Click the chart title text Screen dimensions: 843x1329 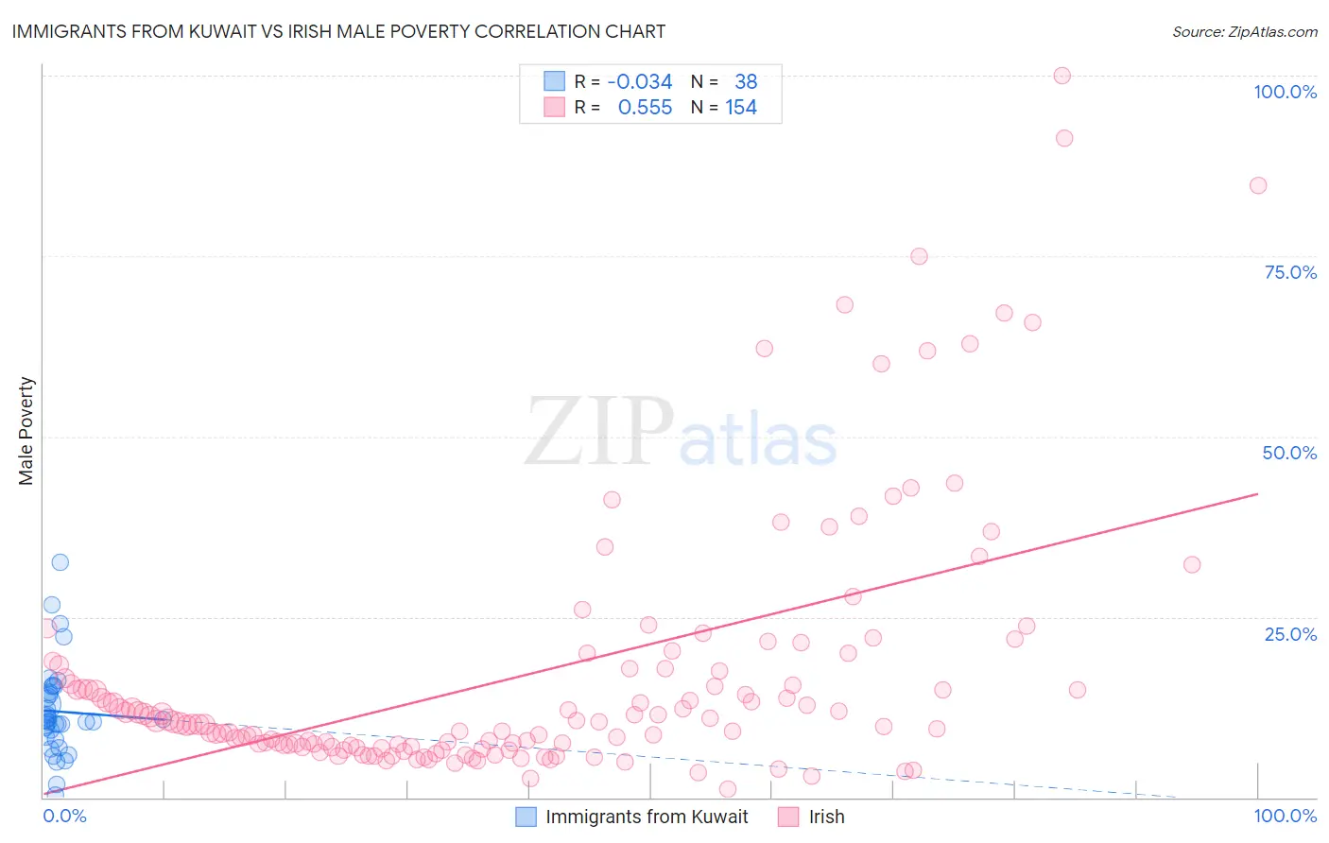click(x=338, y=31)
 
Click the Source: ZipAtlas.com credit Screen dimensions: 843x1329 click(x=1244, y=31)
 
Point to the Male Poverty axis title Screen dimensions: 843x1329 click(x=26, y=431)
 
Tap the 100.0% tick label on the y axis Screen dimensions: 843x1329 click(x=1285, y=92)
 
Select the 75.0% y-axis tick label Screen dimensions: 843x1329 click(x=1290, y=272)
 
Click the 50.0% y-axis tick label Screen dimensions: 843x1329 click(x=1289, y=453)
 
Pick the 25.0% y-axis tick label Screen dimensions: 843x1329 click(x=1290, y=634)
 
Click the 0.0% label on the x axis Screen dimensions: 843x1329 click(x=64, y=816)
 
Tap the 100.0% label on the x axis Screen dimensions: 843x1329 click(x=1285, y=816)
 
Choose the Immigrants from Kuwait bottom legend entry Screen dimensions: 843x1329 click(x=647, y=817)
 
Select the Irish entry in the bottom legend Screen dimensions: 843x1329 click(x=826, y=817)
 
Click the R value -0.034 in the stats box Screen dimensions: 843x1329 click(x=639, y=81)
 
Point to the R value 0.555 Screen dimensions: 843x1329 click(x=645, y=108)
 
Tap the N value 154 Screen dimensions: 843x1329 click(x=741, y=108)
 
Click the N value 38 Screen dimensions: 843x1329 click(x=746, y=81)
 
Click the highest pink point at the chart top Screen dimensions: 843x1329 click(x=1061, y=76)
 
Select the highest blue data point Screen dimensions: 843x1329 click(x=60, y=562)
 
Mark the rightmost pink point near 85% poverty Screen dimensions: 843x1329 click(x=1257, y=185)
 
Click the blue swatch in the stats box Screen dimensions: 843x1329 click(x=554, y=81)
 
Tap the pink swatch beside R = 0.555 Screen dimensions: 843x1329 click(x=554, y=108)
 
